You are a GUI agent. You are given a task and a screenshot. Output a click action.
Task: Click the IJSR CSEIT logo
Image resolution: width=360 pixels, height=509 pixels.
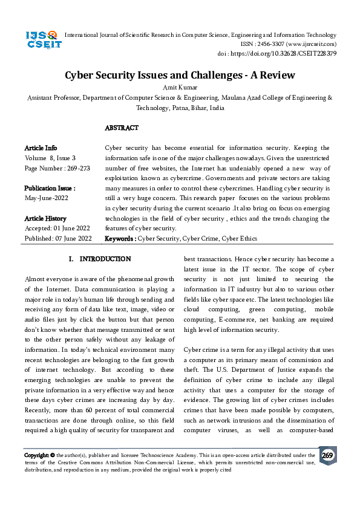tap(42, 40)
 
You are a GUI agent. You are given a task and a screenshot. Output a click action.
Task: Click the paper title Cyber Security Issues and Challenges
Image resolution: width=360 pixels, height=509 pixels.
tap(180, 75)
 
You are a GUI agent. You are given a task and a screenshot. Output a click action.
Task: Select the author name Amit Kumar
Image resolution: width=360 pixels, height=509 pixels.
tap(180, 87)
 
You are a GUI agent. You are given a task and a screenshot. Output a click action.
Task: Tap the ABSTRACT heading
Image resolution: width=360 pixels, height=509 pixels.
tap(122, 128)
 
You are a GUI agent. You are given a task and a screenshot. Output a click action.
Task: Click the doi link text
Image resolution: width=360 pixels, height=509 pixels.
tap(277, 53)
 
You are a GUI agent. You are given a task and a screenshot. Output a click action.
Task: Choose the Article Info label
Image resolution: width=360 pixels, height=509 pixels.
tap(41, 148)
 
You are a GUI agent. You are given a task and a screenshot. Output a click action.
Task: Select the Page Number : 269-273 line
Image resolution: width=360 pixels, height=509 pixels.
tap(57, 168)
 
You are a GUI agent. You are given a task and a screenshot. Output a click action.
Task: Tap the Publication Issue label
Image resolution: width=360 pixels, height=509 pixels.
tap(50, 188)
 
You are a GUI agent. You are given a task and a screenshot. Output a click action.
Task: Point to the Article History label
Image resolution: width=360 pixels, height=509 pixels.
tap(45, 218)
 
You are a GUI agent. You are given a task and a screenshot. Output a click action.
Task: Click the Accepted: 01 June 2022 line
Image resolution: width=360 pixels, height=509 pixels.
tap(57, 229)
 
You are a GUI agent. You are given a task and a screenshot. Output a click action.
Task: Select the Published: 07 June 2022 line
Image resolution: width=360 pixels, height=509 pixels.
tap(58, 239)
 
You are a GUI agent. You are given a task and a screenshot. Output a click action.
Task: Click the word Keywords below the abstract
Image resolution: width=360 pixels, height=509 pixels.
tap(120, 239)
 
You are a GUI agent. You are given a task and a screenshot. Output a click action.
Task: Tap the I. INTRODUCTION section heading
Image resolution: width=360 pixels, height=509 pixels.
tap(100, 259)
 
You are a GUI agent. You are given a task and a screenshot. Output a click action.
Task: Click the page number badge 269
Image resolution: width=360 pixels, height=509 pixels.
tap(327, 455)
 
